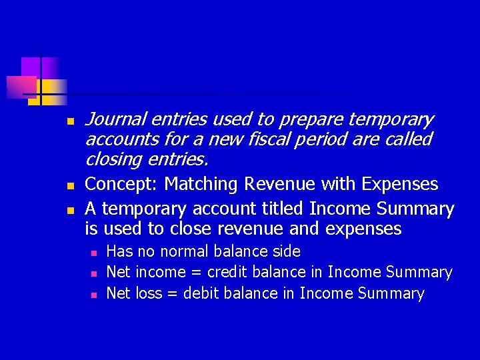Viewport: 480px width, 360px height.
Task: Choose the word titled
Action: pos(281,209)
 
